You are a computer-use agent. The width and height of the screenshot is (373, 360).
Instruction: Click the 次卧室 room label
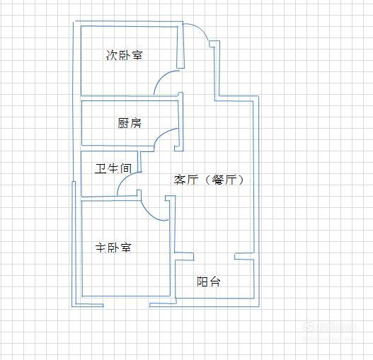[x=124, y=55]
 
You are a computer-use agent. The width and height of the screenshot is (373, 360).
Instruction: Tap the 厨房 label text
[x=130, y=123]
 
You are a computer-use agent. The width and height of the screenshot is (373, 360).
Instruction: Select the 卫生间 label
[x=113, y=168]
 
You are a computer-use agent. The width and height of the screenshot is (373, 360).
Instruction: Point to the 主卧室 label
[x=113, y=248]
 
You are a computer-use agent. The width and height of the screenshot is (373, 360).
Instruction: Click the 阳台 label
[x=209, y=281]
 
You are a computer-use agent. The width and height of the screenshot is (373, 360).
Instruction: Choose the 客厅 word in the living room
[x=185, y=180]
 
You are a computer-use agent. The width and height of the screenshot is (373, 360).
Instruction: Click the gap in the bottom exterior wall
[x=126, y=306]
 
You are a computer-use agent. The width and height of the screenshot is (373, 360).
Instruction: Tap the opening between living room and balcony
[x=214, y=257]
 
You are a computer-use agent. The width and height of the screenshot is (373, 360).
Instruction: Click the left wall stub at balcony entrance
[x=184, y=256]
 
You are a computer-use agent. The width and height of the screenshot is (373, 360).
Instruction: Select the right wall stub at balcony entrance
[x=244, y=256]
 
